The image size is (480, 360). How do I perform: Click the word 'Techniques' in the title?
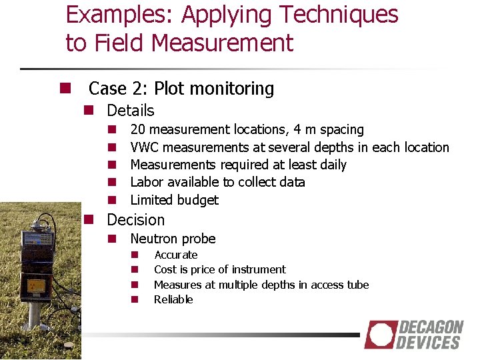click(347, 14)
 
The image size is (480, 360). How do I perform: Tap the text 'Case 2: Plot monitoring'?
click(181, 88)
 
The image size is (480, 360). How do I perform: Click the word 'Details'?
click(131, 111)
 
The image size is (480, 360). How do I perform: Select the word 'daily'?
click(333, 165)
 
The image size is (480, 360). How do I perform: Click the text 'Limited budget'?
click(174, 200)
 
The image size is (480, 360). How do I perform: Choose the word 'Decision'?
click(135, 220)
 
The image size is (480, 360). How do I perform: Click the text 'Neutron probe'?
click(173, 239)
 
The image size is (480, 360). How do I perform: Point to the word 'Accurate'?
click(175, 255)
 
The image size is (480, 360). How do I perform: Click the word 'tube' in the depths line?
click(356, 285)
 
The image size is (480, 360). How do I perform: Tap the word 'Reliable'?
click(173, 299)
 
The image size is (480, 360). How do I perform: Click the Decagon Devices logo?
click(414, 335)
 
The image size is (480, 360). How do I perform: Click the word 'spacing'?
click(342, 129)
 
